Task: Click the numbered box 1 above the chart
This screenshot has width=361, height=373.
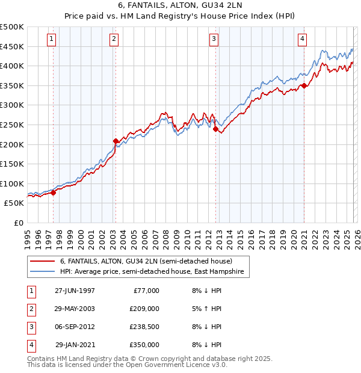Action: pyautogui.click(x=51, y=39)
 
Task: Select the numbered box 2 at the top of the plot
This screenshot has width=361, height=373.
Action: pyautogui.click(x=114, y=39)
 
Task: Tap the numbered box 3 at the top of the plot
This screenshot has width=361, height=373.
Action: pyautogui.click(x=214, y=39)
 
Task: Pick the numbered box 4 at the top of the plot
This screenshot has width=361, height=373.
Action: pyautogui.click(x=302, y=39)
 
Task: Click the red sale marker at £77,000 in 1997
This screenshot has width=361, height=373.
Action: pyautogui.click(x=54, y=193)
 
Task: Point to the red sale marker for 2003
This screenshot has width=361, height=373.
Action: pyautogui.click(x=116, y=141)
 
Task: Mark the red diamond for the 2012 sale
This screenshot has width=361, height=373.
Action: pyautogui.click(x=215, y=128)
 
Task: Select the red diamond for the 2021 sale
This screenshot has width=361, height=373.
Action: pyautogui.click(x=304, y=85)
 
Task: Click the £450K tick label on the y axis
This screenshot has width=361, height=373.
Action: pyautogui.click(x=12, y=46)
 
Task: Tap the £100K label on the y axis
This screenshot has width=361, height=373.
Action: pyautogui.click(x=12, y=183)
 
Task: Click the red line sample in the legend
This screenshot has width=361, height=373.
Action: pyautogui.click(x=42, y=262)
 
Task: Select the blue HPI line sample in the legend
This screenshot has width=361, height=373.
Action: pyautogui.click(x=42, y=272)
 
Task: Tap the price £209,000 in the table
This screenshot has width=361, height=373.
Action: pyautogui.click(x=144, y=309)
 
